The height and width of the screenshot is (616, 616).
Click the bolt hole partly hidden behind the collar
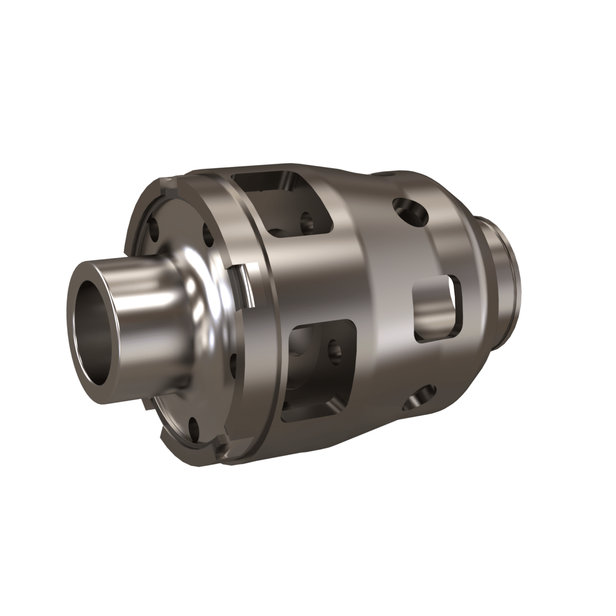[x=233, y=353]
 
